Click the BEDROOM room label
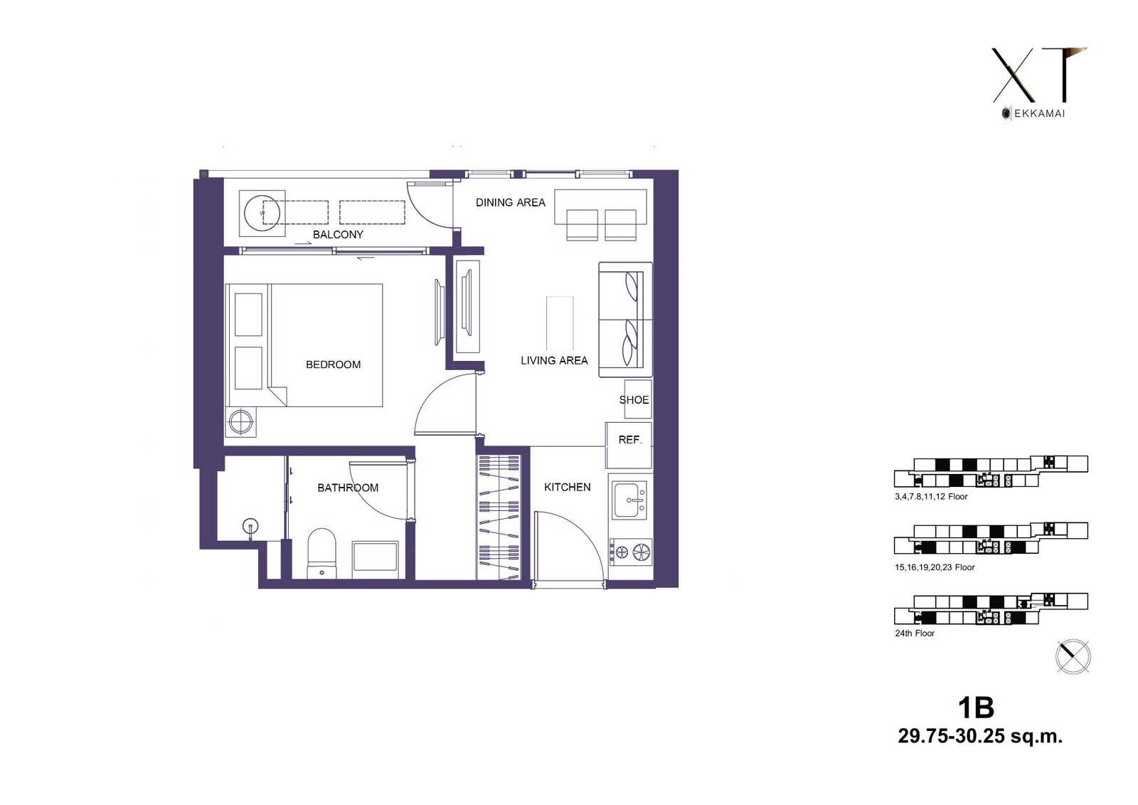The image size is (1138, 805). [334, 364]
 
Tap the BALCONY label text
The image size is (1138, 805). [338, 234]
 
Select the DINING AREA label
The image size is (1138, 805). [511, 202]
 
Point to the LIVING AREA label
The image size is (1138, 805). [554, 361]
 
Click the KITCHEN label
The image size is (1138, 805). [568, 487]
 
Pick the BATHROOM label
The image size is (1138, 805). [348, 488]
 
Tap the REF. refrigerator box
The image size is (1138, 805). [629, 445]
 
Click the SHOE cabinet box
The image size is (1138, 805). [637, 399]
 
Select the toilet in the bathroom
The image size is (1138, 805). [322, 553]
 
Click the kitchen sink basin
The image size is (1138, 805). [629, 500]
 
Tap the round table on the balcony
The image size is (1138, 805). [262, 213]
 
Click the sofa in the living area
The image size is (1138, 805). [625, 320]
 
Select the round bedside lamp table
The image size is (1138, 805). [241, 422]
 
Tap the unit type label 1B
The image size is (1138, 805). [976, 707]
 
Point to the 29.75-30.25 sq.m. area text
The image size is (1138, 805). [980, 736]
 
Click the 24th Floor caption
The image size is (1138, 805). [915, 633]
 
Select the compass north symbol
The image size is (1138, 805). [1073, 656]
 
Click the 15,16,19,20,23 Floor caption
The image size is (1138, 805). [935, 567]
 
